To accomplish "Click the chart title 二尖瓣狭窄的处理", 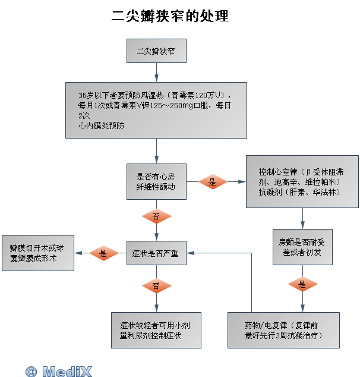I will tap(170, 16).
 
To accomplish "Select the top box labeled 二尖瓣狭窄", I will tap(156, 51).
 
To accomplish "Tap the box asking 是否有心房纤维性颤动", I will tap(156, 181).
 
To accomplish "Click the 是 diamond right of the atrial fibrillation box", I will tap(213, 182).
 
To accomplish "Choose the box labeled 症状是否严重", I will tap(156, 253).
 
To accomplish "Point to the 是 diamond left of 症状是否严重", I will tap(103, 253).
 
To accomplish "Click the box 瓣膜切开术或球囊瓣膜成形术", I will tap(38, 253).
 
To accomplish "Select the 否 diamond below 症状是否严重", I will tap(156, 286).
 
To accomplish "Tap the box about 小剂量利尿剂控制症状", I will tap(156, 330).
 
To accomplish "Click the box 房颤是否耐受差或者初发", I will tap(302, 247).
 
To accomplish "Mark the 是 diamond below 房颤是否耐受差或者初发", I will tap(302, 284).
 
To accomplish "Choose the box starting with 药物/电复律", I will tap(284, 330).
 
